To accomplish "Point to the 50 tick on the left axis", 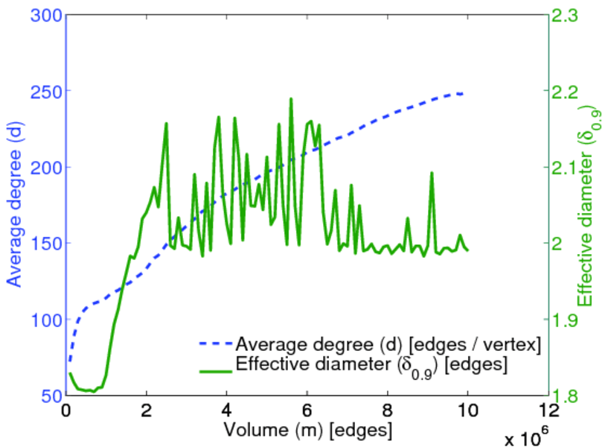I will pos(48,396).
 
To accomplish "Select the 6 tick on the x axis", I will pos(307,410).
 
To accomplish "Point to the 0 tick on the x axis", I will pos(66,410).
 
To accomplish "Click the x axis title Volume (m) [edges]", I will pos(307,430).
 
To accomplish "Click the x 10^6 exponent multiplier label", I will pos(530,438).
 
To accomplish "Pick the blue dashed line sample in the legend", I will pos(216,344).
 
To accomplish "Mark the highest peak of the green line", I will pos(291,98).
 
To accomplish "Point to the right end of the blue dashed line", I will pos(464,94).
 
